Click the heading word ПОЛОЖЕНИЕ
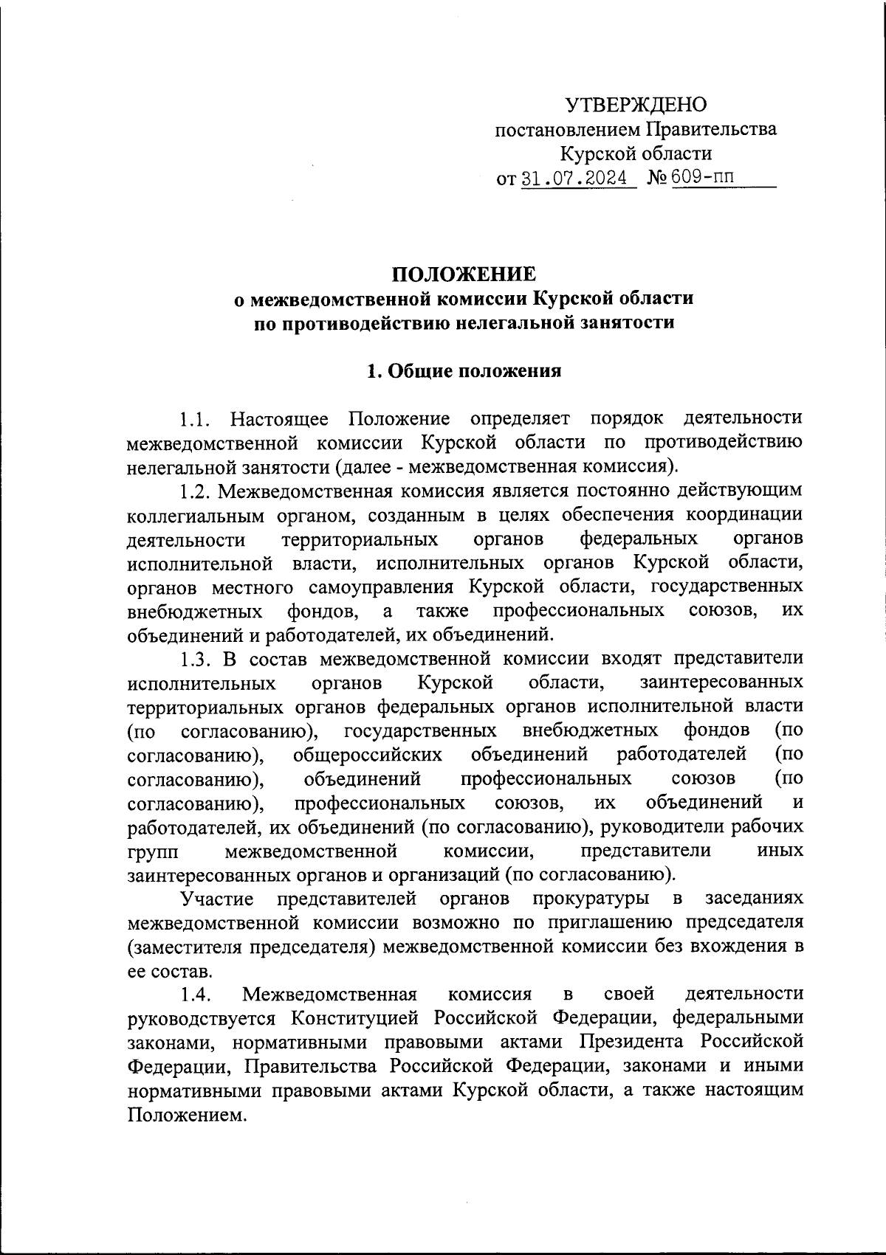point(464,274)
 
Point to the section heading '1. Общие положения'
point(464,370)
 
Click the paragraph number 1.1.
point(196,419)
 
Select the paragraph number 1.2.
point(196,491)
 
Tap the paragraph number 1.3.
point(196,659)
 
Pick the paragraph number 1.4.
point(196,995)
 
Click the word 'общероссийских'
point(368,755)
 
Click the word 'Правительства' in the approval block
point(712,130)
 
